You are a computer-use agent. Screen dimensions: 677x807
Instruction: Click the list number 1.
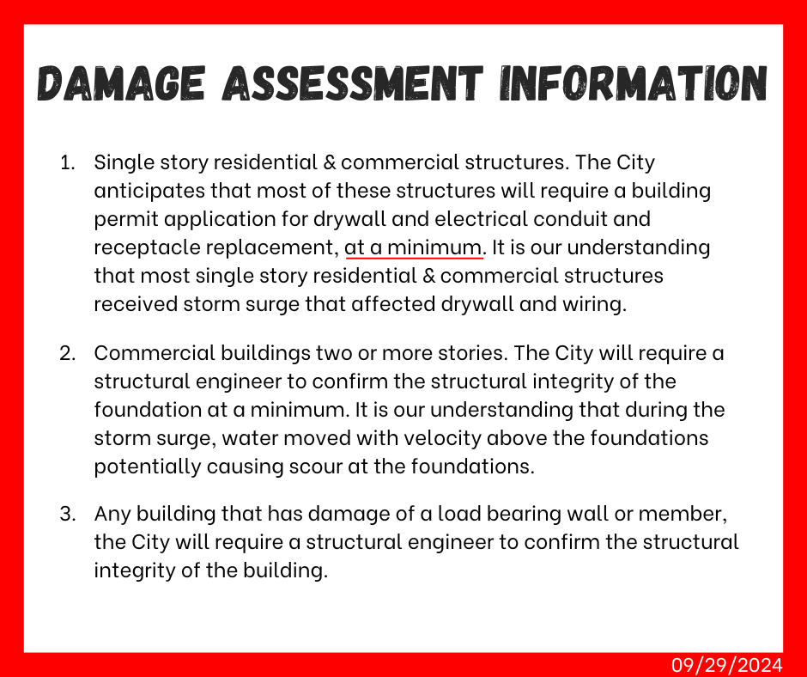click(x=67, y=162)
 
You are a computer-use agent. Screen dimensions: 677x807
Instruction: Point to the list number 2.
click(x=67, y=353)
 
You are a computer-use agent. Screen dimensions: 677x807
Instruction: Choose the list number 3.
click(x=67, y=515)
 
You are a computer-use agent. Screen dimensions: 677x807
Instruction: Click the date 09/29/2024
click(x=727, y=664)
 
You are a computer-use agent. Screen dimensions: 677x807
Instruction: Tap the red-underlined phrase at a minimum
click(x=414, y=247)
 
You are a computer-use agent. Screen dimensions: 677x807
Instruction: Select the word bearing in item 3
click(x=511, y=515)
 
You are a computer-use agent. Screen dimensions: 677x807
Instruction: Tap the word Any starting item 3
click(x=112, y=515)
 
